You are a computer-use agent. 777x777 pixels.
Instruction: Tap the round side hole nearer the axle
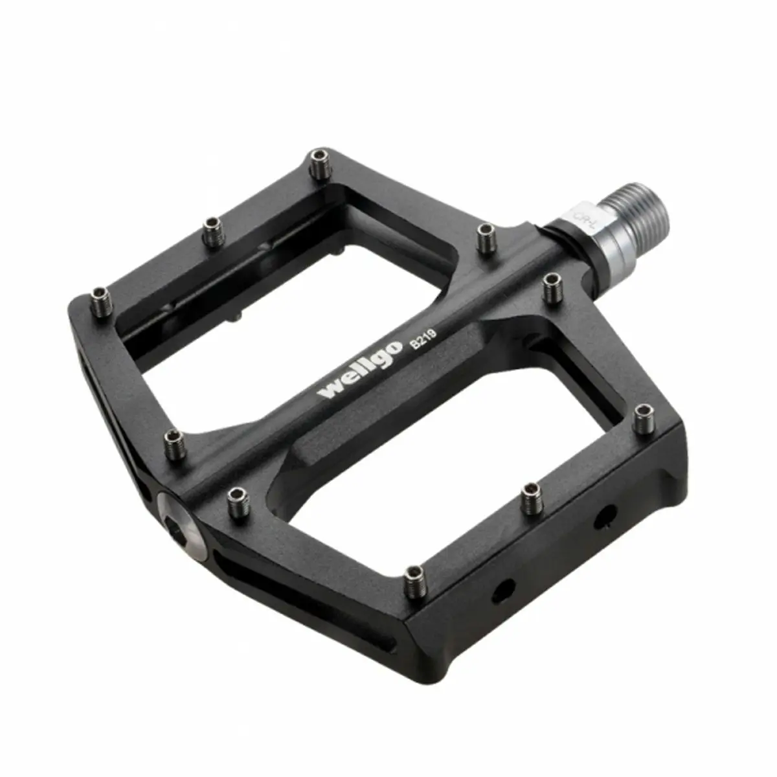605,515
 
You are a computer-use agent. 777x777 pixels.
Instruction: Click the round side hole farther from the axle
502,589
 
